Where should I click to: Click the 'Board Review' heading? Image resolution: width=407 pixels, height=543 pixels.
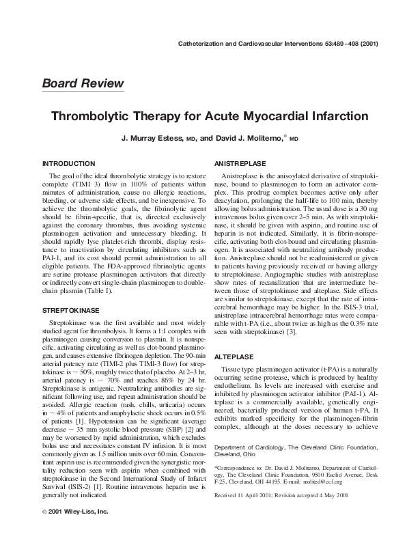[83, 84]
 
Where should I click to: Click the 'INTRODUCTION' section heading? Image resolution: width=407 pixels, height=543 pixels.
[68, 165]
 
